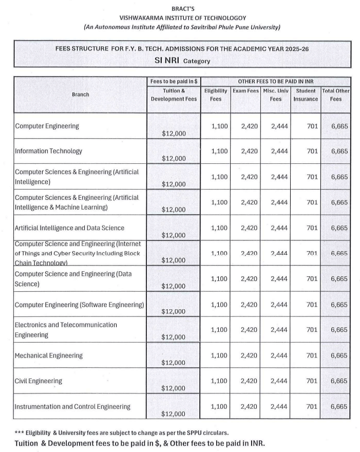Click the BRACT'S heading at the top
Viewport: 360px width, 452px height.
(x=180, y=8)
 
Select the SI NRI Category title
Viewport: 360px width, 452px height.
(x=182, y=60)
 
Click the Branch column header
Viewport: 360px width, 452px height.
(x=80, y=95)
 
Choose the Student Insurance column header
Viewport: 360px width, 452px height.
(x=306, y=95)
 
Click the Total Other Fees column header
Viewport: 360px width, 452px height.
(x=336, y=95)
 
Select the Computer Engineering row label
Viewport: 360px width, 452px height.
(x=47, y=126)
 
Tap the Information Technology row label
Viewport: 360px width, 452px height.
(x=48, y=152)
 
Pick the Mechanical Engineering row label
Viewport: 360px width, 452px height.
(x=49, y=355)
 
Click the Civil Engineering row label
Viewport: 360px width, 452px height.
(x=39, y=381)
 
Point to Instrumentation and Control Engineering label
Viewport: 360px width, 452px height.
(x=72, y=407)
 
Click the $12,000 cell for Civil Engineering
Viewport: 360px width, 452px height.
(x=174, y=388)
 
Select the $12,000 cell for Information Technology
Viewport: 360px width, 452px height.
(x=174, y=158)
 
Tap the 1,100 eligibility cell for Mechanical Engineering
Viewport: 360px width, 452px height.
(x=219, y=355)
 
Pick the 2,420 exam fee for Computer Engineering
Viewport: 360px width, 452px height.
(x=249, y=126)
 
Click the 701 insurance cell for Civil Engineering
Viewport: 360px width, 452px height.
(x=312, y=381)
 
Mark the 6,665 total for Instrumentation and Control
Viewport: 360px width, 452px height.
(x=339, y=407)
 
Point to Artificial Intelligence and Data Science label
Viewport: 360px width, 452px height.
(x=69, y=228)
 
